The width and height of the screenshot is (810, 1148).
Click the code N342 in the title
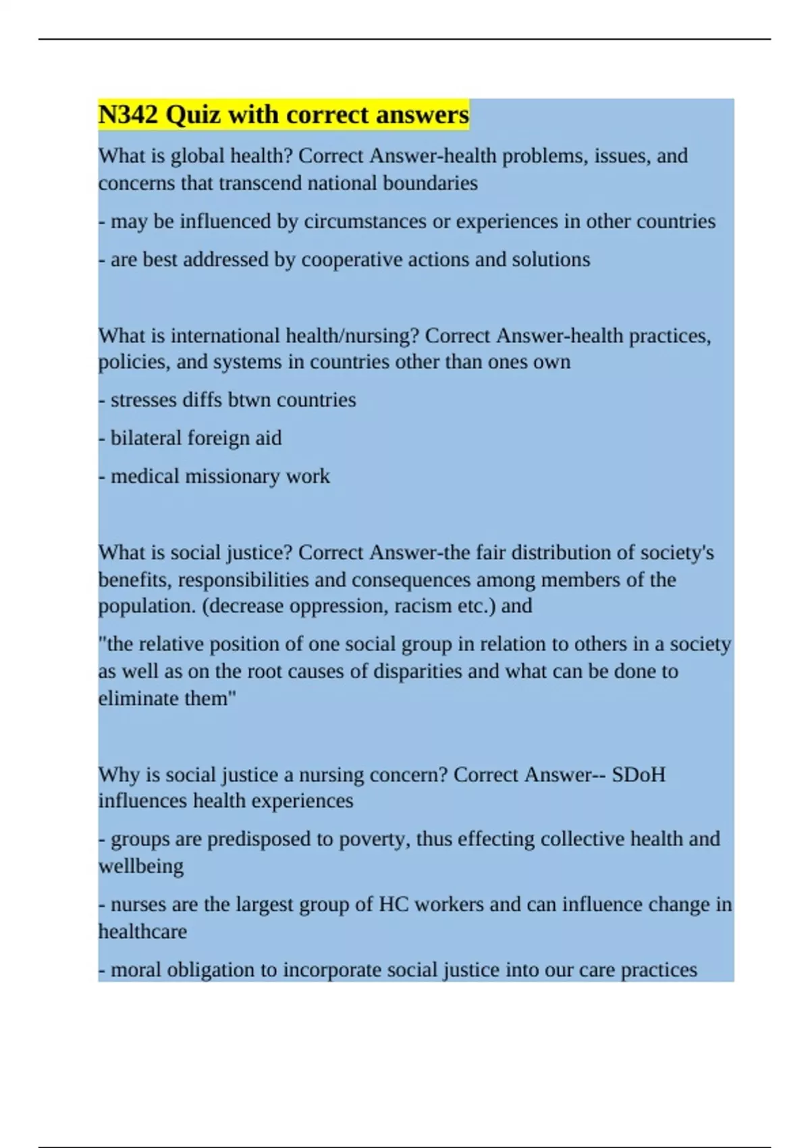point(128,115)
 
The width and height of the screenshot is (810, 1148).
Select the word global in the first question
point(198,156)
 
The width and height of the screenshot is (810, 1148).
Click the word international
point(225,336)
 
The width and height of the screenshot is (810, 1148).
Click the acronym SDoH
point(638,775)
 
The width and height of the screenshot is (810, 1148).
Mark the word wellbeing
point(141,866)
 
